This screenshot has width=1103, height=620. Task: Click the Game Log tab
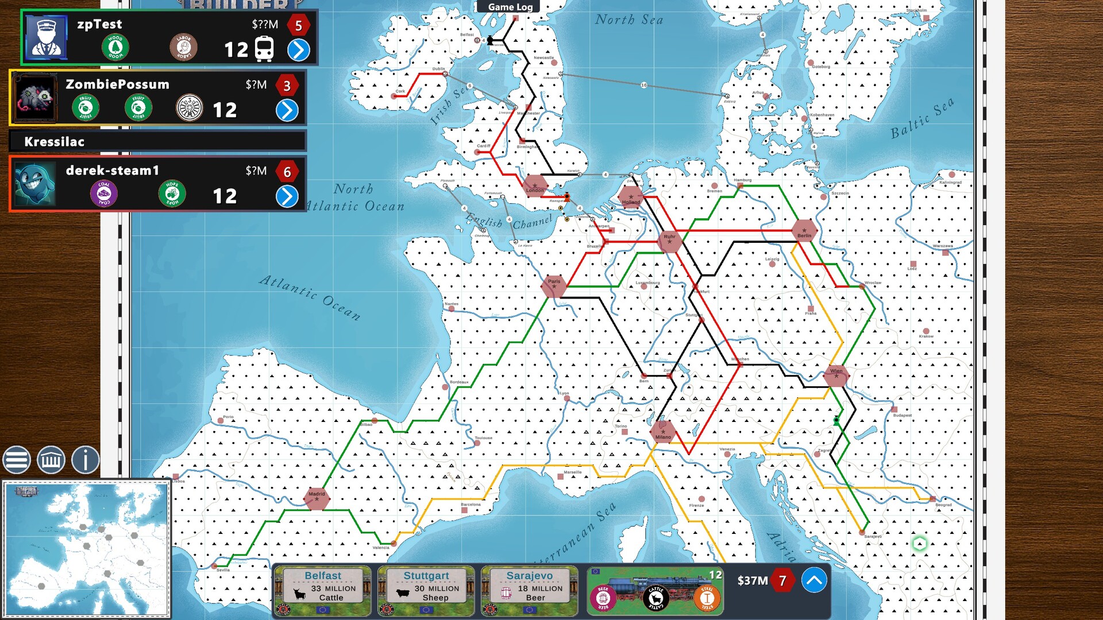(510, 7)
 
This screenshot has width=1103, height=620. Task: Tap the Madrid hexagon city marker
(317, 498)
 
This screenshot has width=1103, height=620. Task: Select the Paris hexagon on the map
(554, 285)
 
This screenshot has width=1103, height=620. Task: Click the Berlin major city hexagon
(804, 231)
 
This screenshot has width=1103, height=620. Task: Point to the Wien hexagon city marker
(836, 375)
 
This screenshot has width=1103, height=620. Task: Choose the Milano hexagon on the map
(663, 432)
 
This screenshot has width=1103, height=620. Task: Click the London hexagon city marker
(535, 186)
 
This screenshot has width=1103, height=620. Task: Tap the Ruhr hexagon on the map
(669, 240)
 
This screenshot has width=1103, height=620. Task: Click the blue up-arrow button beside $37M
(813, 580)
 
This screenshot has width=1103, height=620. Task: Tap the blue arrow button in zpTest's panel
(298, 50)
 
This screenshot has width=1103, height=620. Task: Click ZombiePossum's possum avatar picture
(35, 98)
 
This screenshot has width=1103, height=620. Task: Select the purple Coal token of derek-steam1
(104, 193)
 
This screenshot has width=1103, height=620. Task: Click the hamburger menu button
(17, 460)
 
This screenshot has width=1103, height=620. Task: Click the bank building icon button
(51, 460)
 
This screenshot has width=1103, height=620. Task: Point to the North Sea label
(629, 20)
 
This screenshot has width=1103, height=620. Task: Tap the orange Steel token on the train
(707, 598)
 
